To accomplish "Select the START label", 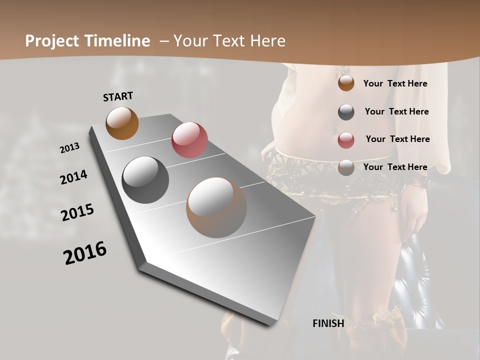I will (x=118, y=96).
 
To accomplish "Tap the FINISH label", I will (x=328, y=323).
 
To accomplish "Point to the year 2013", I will (x=70, y=148).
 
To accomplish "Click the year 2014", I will (x=74, y=177).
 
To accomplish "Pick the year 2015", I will (x=77, y=212).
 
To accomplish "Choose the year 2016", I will (x=85, y=253).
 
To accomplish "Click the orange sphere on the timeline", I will (x=122, y=123).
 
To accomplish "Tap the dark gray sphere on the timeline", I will (x=145, y=180).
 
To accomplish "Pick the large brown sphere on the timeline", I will (x=216, y=207).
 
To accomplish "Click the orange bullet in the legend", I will (x=346, y=83).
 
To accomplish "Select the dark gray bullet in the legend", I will (x=346, y=112).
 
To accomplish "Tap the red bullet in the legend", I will (x=346, y=140).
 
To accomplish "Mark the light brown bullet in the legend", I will (x=346, y=167).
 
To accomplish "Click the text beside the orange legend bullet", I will (x=395, y=84).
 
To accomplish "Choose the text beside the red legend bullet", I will (x=397, y=139).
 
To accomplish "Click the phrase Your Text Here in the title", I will (x=229, y=41).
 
